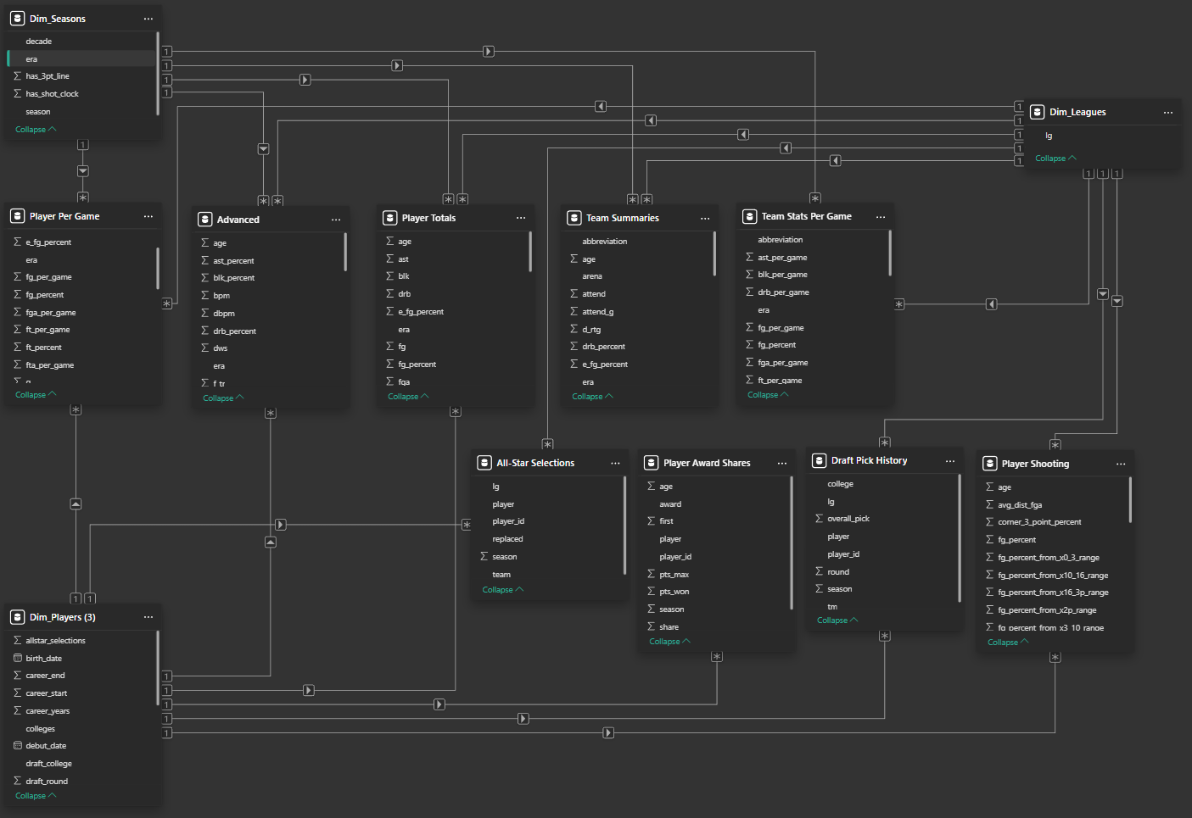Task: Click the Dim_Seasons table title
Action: coord(58,19)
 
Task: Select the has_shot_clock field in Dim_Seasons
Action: coord(52,94)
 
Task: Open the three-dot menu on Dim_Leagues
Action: coord(1167,112)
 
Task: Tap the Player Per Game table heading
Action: coord(64,216)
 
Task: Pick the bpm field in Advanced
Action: coord(221,296)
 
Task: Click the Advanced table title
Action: coord(238,220)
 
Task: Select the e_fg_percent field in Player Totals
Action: coord(421,312)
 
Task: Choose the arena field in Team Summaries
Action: coord(592,276)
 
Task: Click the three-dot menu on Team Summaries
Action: coord(704,218)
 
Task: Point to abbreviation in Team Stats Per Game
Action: coord(780,240)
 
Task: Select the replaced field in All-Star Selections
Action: coord(507,539)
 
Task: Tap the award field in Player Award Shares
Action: coord(670,504)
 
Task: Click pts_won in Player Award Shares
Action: coord(674,592)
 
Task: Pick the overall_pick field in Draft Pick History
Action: coord(848,519)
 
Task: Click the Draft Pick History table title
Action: coord(869,460)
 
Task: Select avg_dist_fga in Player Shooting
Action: coord(1020,505)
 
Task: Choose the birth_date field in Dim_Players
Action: coord(43,659)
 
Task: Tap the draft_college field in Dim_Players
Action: coord(48,764)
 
